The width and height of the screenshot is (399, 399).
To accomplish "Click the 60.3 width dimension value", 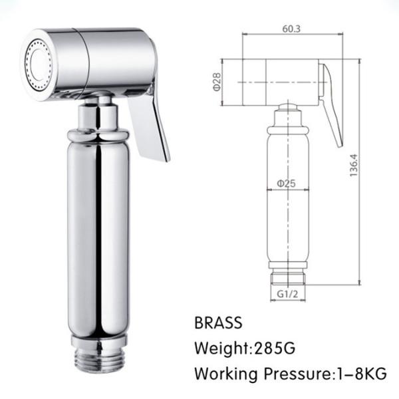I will (x=291, y=29).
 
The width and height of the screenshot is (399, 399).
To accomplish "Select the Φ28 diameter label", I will (x=217, y=82).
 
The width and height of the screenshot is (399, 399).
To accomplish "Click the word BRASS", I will (x=218, y=323).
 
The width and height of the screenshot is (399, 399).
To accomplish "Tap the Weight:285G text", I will (x=245, y=348).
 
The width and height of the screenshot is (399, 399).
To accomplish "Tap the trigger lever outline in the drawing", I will (x=332, y=106).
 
